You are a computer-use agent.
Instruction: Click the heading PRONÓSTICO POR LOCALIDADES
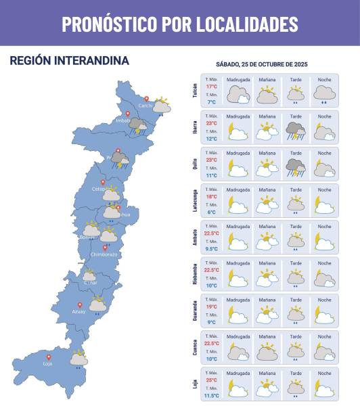click(x=180, y=24)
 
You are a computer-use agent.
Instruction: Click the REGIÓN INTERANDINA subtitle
click(x=69, y=61)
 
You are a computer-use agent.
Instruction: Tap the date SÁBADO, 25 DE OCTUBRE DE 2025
click(x=262, y=64)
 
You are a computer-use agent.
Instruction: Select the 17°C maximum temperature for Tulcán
click(x=212, y=87)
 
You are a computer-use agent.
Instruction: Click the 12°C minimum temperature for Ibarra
click(x=212, y=139)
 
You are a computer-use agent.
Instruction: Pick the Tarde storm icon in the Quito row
click(x=296, y=166)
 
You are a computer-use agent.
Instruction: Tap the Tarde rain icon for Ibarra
click(x=296, y=129)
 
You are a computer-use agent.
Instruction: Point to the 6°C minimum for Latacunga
click(x=212, y=212)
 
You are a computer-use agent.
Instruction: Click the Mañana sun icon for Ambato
click(x=267, y=239)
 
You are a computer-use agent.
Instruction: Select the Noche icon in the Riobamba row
click(x=324, y=276)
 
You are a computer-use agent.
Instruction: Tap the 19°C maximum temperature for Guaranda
click(x=212, y=307)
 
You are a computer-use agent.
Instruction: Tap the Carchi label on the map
click(x=145, y=106)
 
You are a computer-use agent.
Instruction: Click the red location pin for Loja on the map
click(x=48, y=357)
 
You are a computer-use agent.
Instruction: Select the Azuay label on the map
click(x=78, y=311)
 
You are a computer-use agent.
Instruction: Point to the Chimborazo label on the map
click(x=105, y=254)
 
